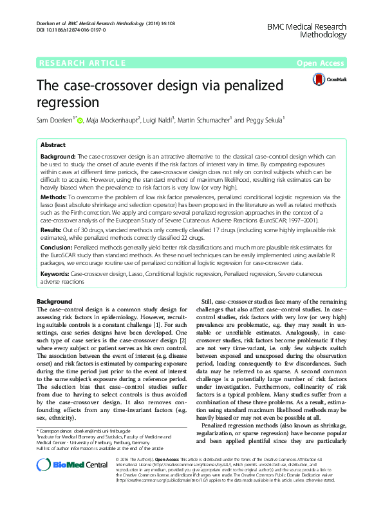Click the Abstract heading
(53, 145)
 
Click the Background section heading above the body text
(55, 301)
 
